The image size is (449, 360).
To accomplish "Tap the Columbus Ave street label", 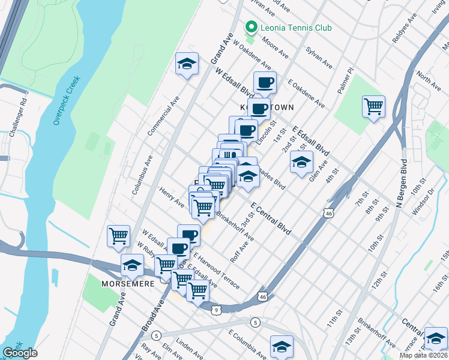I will point(143,174).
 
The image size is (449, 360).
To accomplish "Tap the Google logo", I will point(20,353).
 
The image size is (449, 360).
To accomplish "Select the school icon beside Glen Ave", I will point(301,162).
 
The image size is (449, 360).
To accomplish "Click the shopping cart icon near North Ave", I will point(373,107).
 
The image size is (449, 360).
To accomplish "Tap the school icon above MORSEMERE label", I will point(132,265).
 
